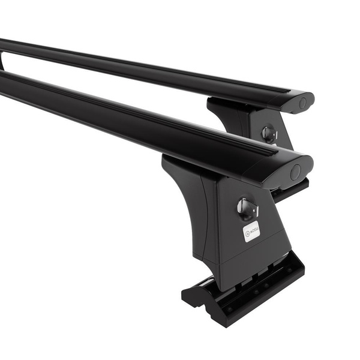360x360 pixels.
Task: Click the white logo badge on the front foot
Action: [251, 231]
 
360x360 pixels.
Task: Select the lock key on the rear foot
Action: [269, 133]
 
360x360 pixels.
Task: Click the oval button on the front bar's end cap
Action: [295, 173]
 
